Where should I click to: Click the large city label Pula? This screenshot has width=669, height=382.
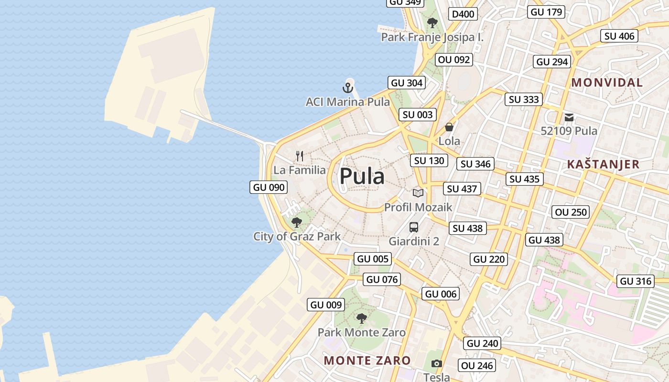[362, 176]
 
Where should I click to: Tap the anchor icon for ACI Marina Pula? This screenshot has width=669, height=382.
[347, 88]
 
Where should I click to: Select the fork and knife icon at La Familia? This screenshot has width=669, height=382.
[300, 156]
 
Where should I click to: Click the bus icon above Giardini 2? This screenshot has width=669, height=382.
[414, 227]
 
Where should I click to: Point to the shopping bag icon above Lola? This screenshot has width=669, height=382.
[449, 127]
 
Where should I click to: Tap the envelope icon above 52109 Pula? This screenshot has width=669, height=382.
[569, 117]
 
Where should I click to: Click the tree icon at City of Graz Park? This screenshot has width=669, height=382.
[297, 222]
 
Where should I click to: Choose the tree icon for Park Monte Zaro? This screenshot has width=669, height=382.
[362, 318]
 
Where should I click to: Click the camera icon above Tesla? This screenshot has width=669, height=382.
[436, 364]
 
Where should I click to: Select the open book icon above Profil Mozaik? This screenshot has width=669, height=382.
[418, 193]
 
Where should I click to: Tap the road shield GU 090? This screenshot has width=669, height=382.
[269, 187]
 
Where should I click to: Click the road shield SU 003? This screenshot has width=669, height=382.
[418, 115]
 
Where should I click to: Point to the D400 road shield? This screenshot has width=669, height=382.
[463, 14]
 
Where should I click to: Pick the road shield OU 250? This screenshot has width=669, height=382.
[571, 212]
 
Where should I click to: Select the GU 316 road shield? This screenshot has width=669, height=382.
[636, 281]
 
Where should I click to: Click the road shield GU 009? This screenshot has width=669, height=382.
[326, 305]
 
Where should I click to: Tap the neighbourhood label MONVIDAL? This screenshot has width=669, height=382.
[607, 83]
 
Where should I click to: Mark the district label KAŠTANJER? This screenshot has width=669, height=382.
[603, 164]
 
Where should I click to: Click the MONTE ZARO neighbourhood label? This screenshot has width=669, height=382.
[367, 361]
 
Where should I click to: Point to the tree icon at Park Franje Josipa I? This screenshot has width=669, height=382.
[432, 22]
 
